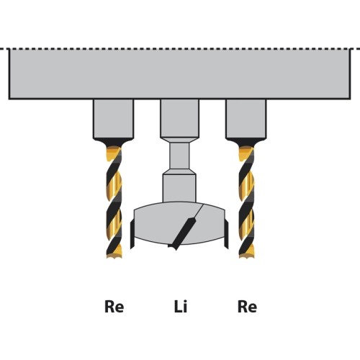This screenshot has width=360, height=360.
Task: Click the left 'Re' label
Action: coord(114,307)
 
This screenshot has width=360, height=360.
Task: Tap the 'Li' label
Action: coord(181,306)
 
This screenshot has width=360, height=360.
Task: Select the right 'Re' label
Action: coord(247,307)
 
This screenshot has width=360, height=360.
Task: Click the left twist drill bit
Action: coord(114,202)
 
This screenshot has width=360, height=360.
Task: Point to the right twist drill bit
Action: coord(246,202)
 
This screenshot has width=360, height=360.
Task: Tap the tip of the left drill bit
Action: coord(114,258)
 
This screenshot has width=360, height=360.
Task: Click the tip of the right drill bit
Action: coord(247,258)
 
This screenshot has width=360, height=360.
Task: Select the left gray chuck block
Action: coord(114,119)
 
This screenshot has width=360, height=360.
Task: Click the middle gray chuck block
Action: coord(180,118)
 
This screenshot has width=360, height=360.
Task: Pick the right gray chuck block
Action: coord(246,119)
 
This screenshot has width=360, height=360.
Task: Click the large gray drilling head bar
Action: coord(180,73)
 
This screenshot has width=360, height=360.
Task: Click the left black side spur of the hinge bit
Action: coord(132,235)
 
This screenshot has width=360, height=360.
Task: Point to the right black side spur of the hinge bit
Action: coord(226,235)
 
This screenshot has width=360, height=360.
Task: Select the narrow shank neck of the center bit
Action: coord(179,156)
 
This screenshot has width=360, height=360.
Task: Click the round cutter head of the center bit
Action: coord(179,223)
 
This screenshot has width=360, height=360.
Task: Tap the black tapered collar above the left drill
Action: coord(114,143)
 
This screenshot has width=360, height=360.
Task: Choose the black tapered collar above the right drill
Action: coord(246,143)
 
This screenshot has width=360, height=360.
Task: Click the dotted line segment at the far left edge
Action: coord(2,49)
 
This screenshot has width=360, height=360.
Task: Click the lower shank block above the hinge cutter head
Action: coord(179,188)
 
